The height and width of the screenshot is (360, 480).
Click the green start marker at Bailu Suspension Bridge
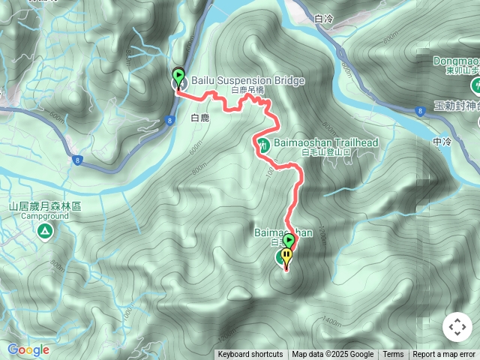pyautogui.click(x=178, y=75)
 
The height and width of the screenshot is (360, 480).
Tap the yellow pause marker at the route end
pyautogui.click(x=286, y=256)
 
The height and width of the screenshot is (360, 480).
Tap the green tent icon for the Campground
pyautogui.click(x=45, y=232)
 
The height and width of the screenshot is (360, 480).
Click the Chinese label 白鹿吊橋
pyautogui.click(x=248, y=90)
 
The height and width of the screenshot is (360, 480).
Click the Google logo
pyautogui.click(x=28, y=349)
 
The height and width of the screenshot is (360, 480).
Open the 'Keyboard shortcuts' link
pyautogui.click(x=250, y=355)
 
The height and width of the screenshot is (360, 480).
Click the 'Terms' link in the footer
pyautogui.click(x=393, y=355)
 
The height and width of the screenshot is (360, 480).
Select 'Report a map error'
pyautogui.click(x=444, y=355)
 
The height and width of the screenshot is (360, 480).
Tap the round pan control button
pyautogui.click(x=457, y=327)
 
